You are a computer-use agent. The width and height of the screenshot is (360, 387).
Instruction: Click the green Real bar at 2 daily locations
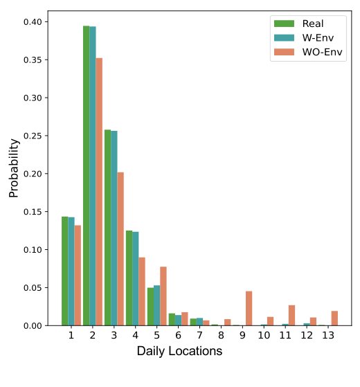click(x=86, y=176)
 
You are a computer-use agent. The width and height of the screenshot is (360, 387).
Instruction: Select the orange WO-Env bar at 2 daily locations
click(x=100, y=192)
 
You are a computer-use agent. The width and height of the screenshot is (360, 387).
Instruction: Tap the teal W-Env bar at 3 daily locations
click(x=114, y=228)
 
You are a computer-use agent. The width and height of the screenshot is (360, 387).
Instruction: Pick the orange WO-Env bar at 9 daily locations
click(x=249, y=308)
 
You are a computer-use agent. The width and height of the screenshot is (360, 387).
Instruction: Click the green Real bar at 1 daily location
click(x=64, y=271)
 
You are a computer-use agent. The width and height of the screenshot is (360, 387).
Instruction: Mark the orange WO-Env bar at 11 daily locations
click(x=291, y=315)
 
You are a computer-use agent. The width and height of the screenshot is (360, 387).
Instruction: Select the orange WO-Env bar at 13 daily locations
click(x=334, y=318)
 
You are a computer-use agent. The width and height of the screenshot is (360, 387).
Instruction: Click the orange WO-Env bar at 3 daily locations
click(x=121, y=249)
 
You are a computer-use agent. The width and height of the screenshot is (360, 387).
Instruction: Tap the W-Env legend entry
click(x=311, y=37)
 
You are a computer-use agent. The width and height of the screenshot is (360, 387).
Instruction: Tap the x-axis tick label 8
click(x=220, y=336)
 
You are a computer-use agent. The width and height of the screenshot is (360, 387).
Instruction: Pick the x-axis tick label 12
click(x=306, y=336)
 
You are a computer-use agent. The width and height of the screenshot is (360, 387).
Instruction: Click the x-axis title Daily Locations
click(x=179, y=352)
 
